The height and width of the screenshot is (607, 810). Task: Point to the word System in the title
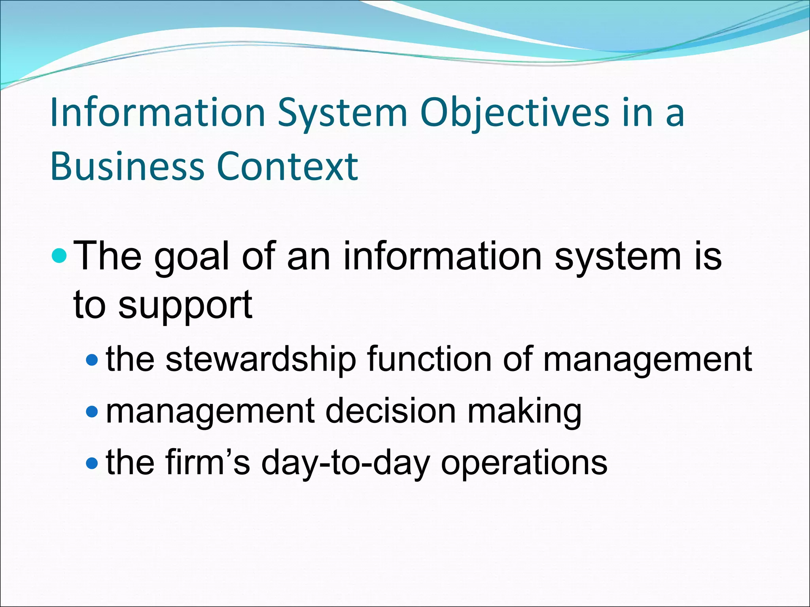343,114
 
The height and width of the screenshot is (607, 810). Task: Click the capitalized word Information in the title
158,113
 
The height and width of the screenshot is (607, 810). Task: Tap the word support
185,306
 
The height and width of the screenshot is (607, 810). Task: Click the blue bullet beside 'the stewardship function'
92,360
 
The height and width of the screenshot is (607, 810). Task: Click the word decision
391,411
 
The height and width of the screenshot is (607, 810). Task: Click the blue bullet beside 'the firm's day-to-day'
92,463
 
